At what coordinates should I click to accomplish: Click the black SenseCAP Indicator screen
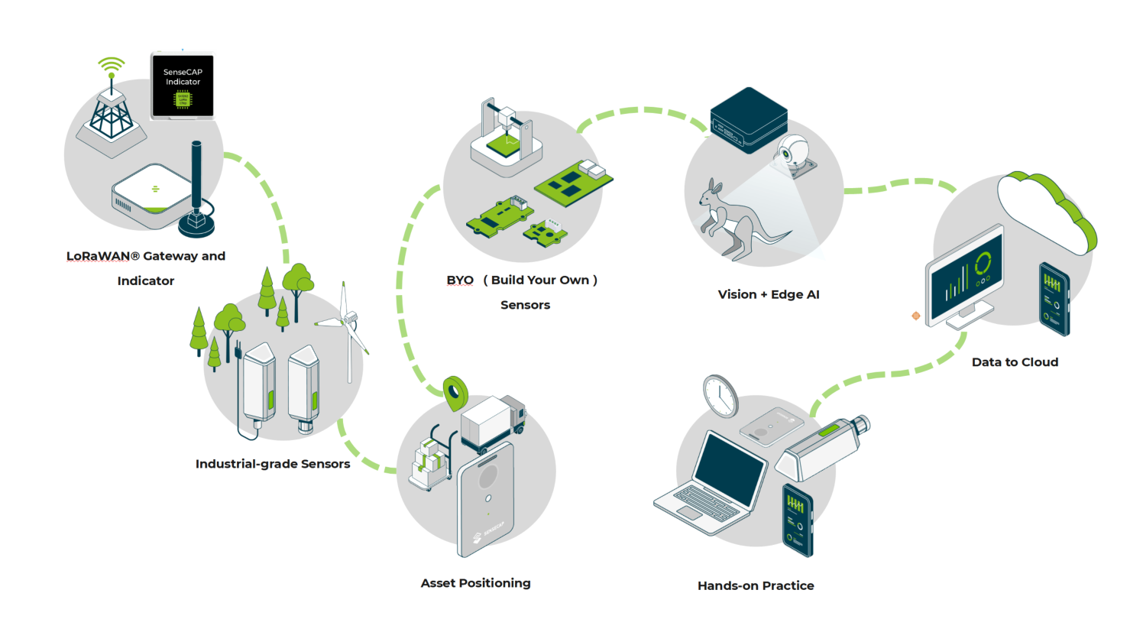[183, 86]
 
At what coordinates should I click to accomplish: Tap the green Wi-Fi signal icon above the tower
[112, 66]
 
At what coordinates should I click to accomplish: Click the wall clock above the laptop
[720, 396]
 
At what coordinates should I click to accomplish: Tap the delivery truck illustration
[494, 423]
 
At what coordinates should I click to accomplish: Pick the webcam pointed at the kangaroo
[795, 156]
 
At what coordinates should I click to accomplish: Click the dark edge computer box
[748, 119]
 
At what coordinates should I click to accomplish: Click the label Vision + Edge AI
[768, 294]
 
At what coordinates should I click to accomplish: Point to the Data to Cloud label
[1015, 362]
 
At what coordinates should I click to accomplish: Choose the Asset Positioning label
[475, 583]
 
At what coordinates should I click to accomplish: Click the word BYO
[460, 280]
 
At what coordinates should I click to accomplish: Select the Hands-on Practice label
[756, 586]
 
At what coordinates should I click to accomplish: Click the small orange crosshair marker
[915, 316]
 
